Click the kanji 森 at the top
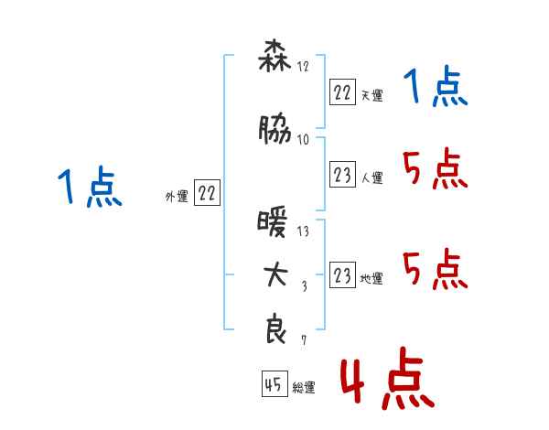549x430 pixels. click(274, 56)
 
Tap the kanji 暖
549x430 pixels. click(273, 221)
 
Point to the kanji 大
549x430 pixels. click(275, 274)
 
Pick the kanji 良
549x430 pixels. click(275, 328)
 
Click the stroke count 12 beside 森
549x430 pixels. click(303, 66)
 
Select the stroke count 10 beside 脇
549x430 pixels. click(303, 140)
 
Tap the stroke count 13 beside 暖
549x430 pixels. click(303, 231)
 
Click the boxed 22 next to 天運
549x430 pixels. click(342, 91)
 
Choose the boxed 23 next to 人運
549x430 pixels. click(342, 174)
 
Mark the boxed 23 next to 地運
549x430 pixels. click(342, 274)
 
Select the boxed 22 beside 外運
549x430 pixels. click(207, 192)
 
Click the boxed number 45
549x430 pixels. click(274, 383)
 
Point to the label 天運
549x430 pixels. click(372, 95)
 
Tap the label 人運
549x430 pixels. click(372, 177)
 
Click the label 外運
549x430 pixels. click(177, 197)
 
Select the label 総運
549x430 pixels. click(304, 387)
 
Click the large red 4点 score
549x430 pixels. click(387, 379)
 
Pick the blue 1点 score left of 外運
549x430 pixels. click(90, 186)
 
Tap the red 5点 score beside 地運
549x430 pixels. click(436, 269)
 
